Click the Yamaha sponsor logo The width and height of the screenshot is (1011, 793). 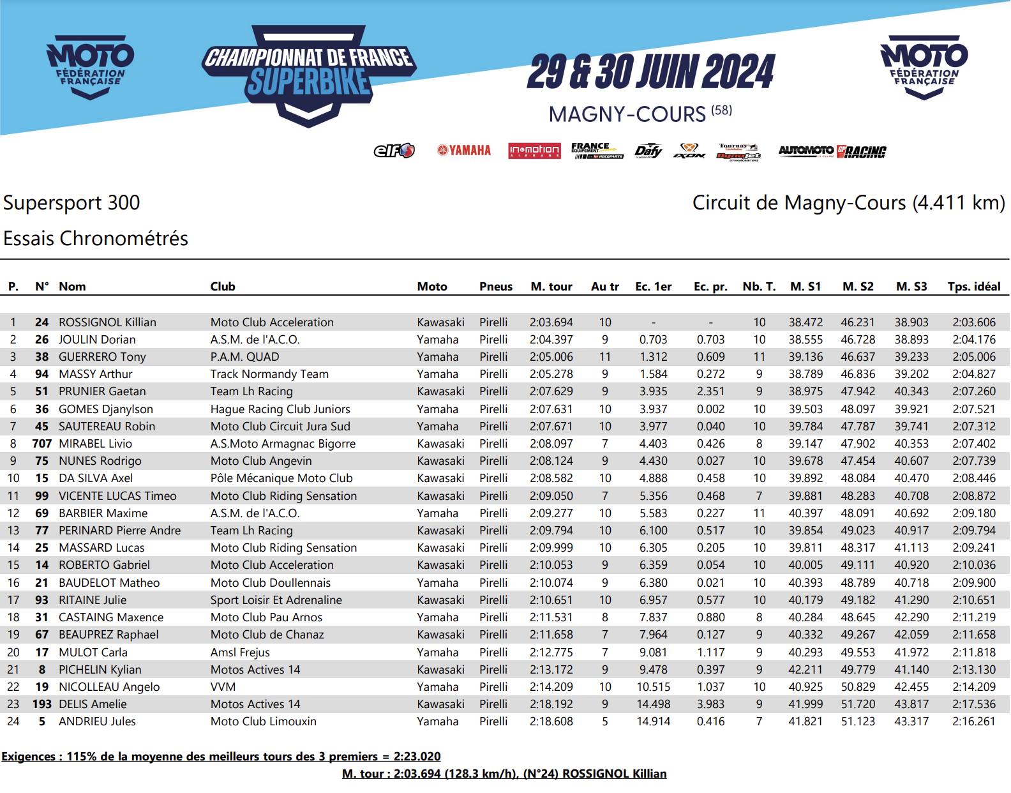pos(464,151)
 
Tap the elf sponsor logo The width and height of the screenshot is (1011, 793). pos(394,151)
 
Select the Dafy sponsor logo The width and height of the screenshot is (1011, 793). pos(648,151)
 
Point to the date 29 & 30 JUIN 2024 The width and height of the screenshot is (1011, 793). pos(650,72)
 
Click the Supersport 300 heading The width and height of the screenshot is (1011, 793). pos(71,203)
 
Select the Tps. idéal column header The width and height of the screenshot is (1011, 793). pos(974,287)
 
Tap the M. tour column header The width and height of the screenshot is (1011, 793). pos(551,287)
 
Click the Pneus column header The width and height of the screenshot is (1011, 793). pos(496,287)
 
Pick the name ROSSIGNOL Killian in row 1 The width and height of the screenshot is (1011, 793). pos(107,322)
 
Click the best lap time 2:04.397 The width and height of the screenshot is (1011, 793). pos(551,340)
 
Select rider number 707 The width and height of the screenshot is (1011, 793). pos(42,444)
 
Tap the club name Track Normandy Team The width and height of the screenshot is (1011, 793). pos(269,374)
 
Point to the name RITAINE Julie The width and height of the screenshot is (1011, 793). pos(93,600)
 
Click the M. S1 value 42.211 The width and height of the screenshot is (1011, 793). pos(805,670)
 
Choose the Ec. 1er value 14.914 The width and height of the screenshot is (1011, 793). pos(654,721)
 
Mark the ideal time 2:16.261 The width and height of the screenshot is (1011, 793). pos(974,721)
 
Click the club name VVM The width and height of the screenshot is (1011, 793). pos(223,687)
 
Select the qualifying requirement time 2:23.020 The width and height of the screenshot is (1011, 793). pos(417,757)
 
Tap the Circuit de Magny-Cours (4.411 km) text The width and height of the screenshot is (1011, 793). pos(848,203)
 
